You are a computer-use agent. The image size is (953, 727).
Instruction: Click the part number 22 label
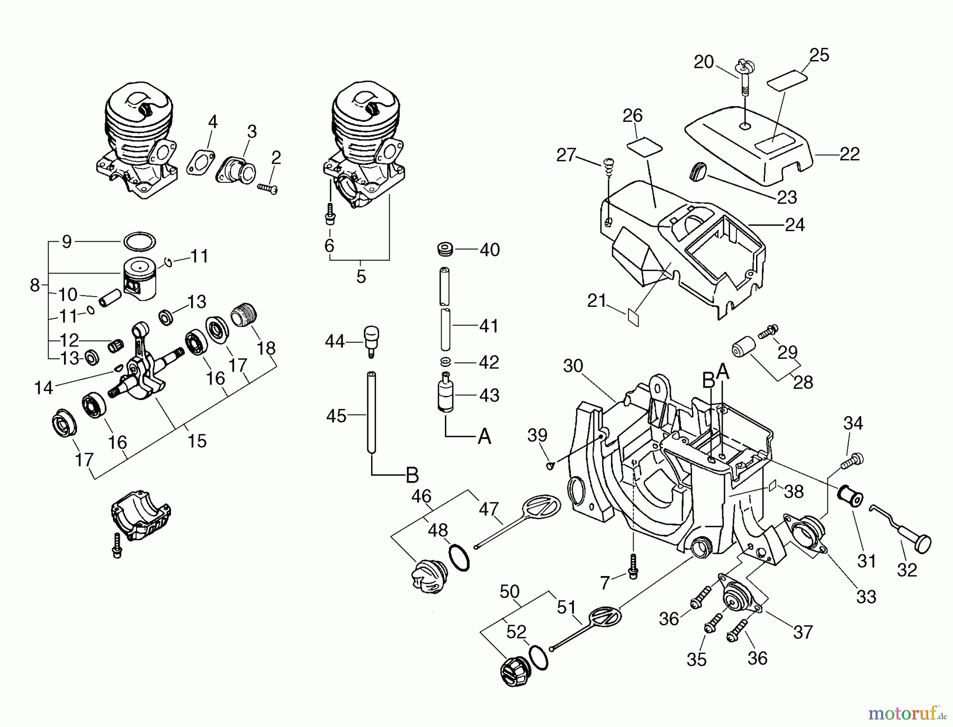849,154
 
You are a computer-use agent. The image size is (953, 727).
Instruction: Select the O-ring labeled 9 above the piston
139,241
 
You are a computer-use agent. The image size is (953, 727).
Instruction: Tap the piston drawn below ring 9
140,279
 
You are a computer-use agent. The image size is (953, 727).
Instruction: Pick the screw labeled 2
268,188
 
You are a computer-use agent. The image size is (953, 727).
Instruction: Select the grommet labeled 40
446,249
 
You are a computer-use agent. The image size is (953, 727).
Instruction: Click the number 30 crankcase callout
573,366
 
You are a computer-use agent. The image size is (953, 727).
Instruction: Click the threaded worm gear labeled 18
244,316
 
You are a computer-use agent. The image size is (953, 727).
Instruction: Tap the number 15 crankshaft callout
196,441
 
